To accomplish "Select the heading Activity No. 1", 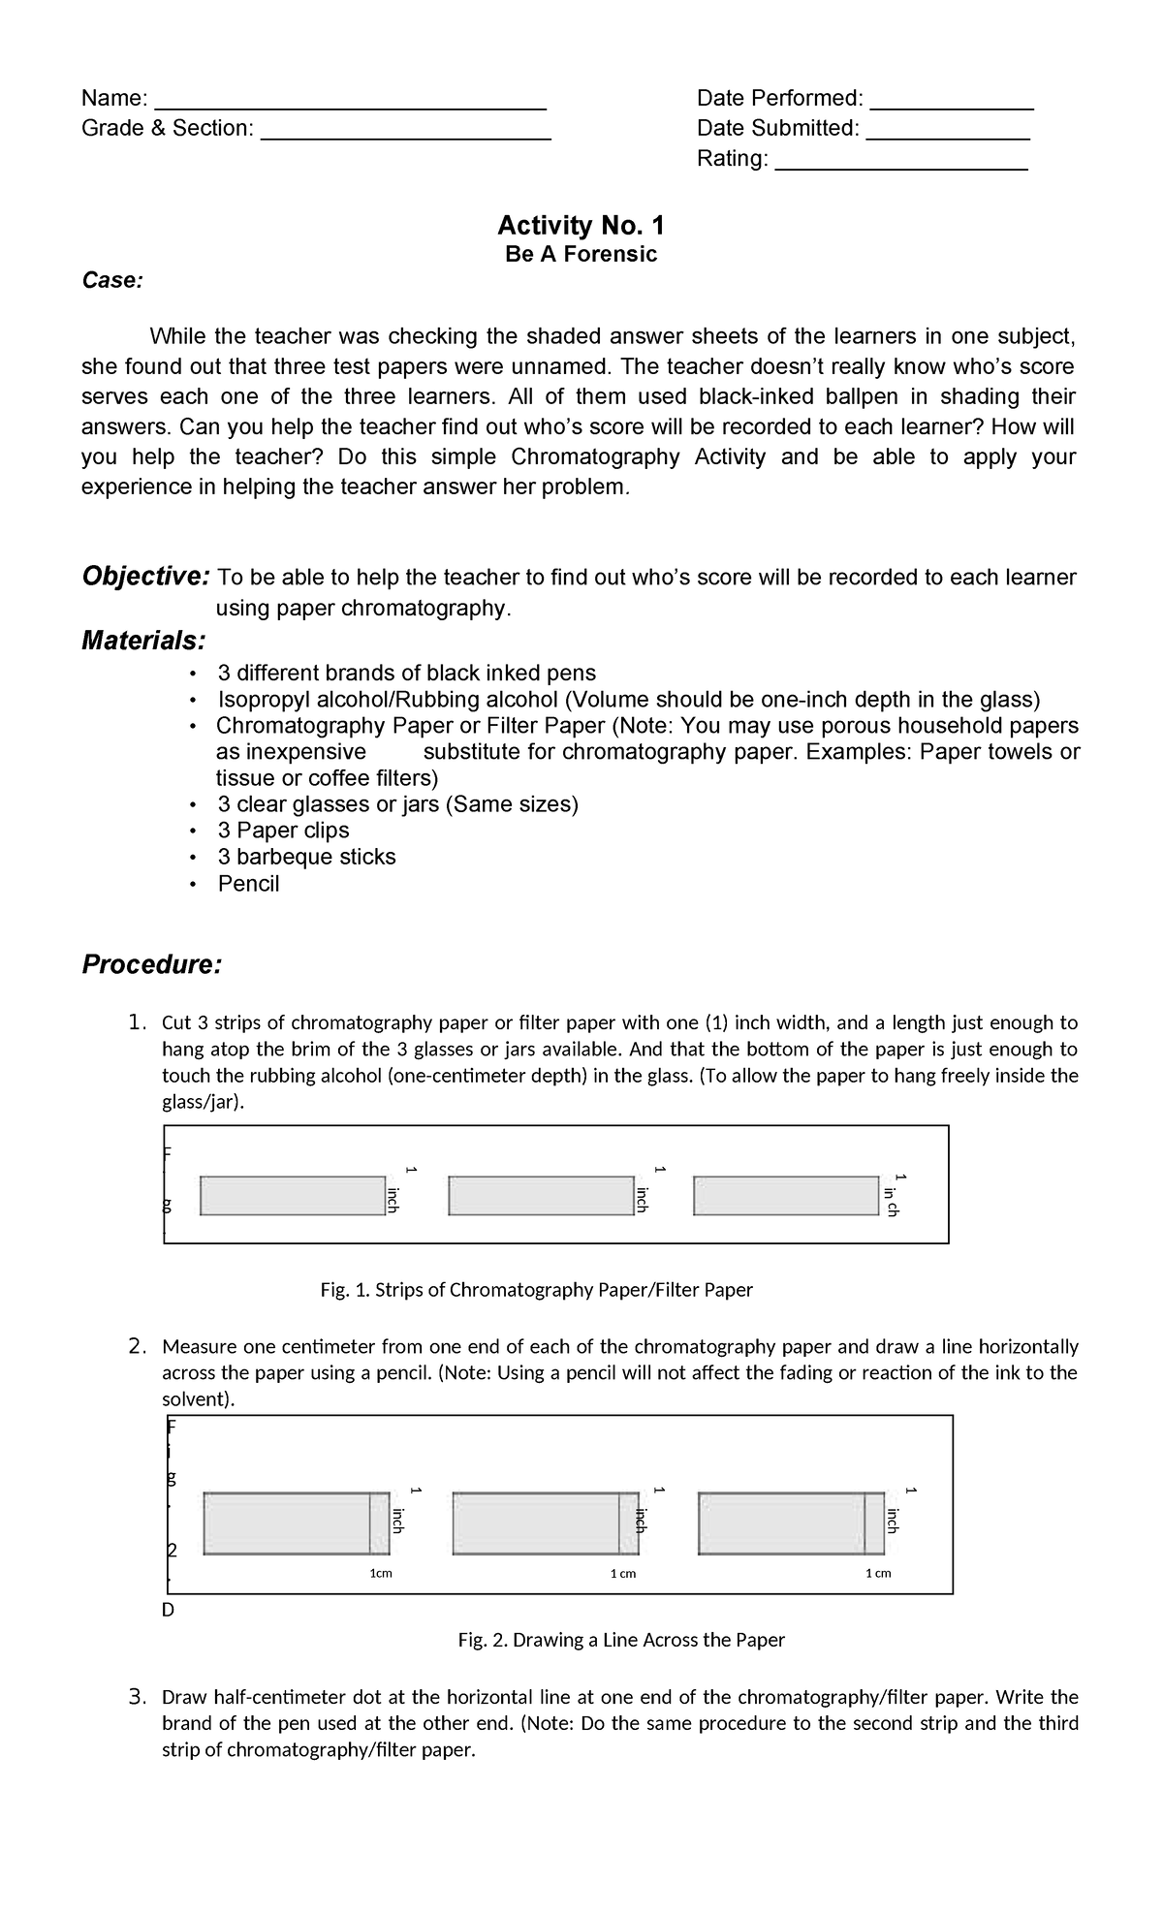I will click(581, 226).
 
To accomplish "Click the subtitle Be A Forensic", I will click(581, 254).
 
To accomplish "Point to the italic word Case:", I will click(111, 281).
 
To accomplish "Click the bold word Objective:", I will click(145, 577).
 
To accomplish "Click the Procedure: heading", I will click(151, 965).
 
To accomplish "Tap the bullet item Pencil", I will click(248, 884).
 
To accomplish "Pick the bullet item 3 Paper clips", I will click(283, 831).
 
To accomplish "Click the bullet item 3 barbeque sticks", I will click(306, 857).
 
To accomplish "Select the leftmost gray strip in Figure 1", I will click(293, 1195).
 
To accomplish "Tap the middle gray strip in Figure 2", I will click(536, 1523).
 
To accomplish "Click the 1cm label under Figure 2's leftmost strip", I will click(381, 1573).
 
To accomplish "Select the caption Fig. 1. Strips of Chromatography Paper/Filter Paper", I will click(536, 1290).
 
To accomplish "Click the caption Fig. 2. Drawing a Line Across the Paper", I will click(620, 1640).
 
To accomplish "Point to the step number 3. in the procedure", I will click(137, 1697).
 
